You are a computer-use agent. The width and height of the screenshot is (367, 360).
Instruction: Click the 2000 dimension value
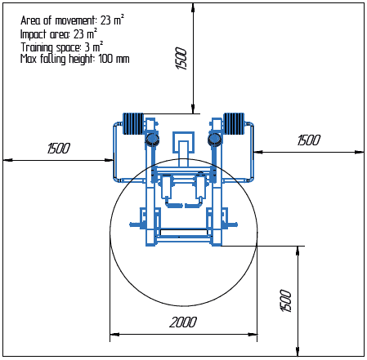(x=183, y=322)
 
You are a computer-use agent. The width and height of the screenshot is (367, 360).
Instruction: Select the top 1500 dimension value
(x=181, y=59)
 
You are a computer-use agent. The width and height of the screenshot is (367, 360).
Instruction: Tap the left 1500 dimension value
(x=59, y=149)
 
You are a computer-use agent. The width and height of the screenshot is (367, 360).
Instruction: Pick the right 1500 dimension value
(x=309, y=140)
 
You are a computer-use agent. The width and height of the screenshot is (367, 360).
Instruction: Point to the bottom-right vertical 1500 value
(x=286, y=300)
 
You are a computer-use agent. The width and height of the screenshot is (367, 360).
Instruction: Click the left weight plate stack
(x=133, y=123)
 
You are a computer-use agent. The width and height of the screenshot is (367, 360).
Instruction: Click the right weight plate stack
(x=234, y=123)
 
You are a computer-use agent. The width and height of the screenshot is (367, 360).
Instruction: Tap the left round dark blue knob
(x=151, y=139)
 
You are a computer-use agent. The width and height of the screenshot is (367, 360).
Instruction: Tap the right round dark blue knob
(x=214, y=139)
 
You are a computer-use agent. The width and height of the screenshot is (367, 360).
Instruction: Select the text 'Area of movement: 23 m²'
(x=72, y=20)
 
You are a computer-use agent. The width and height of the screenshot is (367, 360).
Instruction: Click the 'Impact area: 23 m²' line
(x=59, y=34)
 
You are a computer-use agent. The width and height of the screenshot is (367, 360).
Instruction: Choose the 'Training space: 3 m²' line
(x=62, y=47)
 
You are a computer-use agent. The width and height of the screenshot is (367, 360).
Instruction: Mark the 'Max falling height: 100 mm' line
(x=75, y=59)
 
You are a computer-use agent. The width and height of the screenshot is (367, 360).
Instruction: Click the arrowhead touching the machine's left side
(x=110, y=160)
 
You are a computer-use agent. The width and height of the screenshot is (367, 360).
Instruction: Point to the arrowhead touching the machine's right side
(x=257, y=152)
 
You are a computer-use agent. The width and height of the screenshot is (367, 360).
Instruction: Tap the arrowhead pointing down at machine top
(x=193, y=109)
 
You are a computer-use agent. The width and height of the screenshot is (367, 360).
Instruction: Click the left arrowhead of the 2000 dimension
(x=114, y=334)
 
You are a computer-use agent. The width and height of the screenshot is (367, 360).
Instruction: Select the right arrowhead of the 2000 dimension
(x=253, y=334)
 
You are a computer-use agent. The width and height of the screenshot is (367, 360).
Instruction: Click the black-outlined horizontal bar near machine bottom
(x=184, y=232)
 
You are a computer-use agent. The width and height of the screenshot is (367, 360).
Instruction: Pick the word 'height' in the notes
(x=80, y=59)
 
